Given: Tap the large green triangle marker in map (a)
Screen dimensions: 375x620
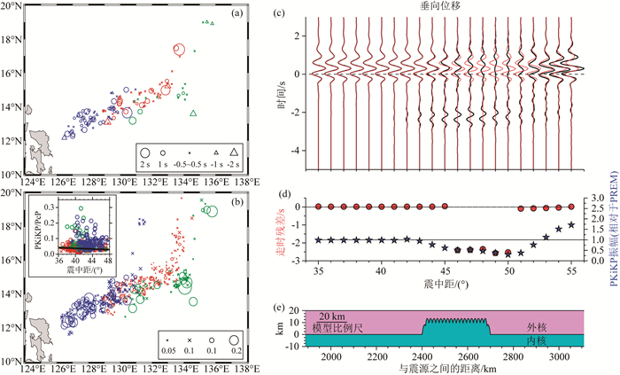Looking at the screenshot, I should (x=193, y=113).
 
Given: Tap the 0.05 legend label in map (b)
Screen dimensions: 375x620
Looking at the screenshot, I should (x=166, y=352).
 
